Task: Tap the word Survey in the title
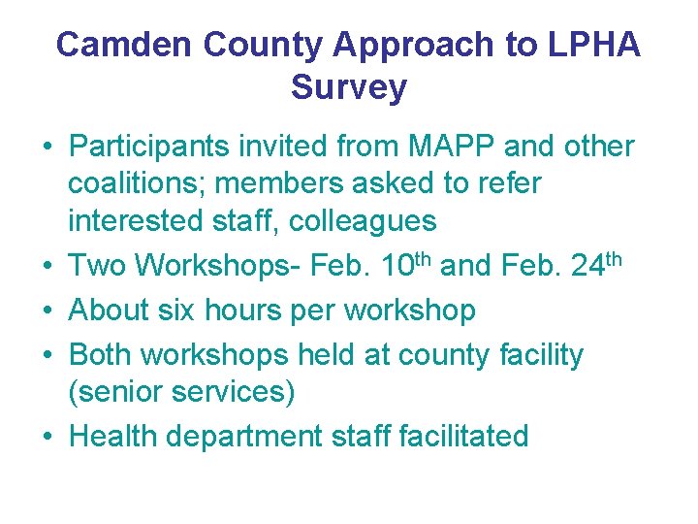pos(348,87)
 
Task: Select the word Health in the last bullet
pos(113,436)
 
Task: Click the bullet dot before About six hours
pos(47,311)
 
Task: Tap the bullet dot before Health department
pos(47,437)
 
